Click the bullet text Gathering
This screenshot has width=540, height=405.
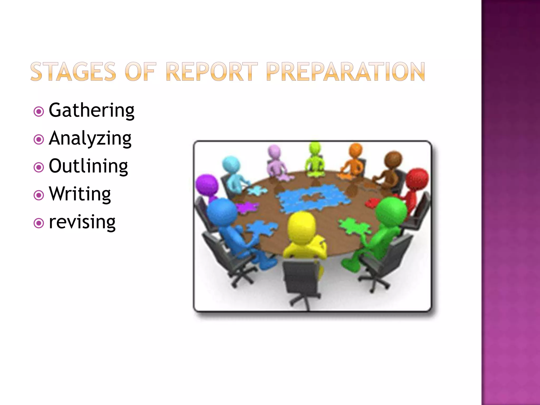click(x=91, y=110)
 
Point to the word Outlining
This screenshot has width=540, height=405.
click(x=88, y=166)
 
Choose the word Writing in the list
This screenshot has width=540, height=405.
click(x=80, y=194)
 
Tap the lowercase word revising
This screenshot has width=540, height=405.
click(x=82, y=222)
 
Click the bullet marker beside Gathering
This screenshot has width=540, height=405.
click(x=39, y=112)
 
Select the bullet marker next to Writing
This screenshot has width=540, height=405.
click(x=39, y=195)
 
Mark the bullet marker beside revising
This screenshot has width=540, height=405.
click(x=39, y=223)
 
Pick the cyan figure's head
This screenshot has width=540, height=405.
click(x=231, y=165)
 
